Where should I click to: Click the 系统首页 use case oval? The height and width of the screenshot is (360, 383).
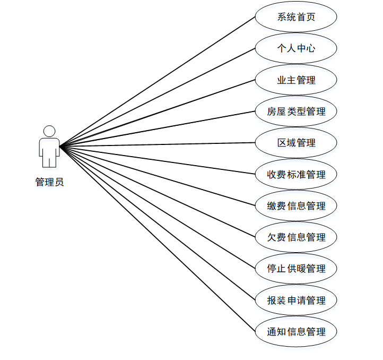pyautogui.click(x=296, y=16)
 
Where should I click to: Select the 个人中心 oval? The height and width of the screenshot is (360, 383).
pyautogui.click(x=296, y=48)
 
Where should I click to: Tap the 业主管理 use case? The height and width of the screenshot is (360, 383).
pyautogui.click(x=296, y=80)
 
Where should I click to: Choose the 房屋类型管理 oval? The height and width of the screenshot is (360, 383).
pyautogui.click(x=296, y=112)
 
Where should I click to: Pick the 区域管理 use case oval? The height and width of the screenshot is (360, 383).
pyautogui.click(x=296, y=143)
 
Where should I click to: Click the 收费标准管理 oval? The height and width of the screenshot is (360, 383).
pyautogui.click(x=296, y=174)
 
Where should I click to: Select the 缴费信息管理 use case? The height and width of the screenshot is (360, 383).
pyautogui.click(x=296, y=205)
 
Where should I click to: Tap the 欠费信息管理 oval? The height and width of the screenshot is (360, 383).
pyautogui.click(x=296, y=237)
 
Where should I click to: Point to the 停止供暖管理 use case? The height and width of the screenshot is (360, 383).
pyautogui.click(x=296, y=269)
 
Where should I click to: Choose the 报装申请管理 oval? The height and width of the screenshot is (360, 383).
pyautogui.click(x=296, y=301)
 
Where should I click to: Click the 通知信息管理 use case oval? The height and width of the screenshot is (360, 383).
pyautogui.click(x=296, y=332)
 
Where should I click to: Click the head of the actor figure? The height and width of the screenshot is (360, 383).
pyautogui.click(x=49, y=131)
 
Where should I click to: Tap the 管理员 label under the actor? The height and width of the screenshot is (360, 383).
pyautogui.click(x=49, y=182)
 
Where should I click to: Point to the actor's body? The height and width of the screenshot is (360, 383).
pyautogui.click(x=49, y=149)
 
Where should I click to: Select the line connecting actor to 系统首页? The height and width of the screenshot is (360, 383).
pyautogui.click(x=157, y=81)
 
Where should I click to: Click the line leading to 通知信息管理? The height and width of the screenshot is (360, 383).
pyautogui.click(x=157, y=239)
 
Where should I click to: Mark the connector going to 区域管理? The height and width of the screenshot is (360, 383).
pyautogui.click(x=157, y=144)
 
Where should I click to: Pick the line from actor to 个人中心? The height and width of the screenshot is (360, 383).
pyautogui.click(x=157, y=97)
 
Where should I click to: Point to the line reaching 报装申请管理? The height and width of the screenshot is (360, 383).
pyautogui.click(x=157, y=223)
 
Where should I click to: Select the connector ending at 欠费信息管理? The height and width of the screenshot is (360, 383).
pyautogui.click(x=157, y=192)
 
